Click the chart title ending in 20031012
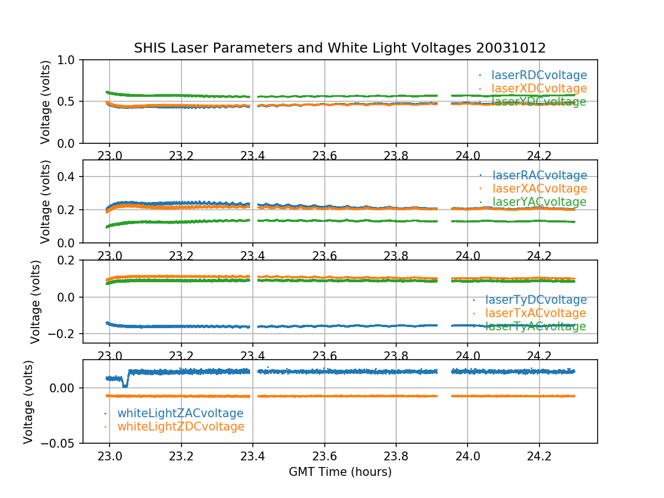click(x=340, y=48)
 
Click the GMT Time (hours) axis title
click(x=340, y=472)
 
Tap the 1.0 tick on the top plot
click(x=69, y=60)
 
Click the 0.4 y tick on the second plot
click(x=69, y=177)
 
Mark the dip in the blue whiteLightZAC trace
click(x=125, y=384)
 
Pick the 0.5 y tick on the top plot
click(x=69, y=101)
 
